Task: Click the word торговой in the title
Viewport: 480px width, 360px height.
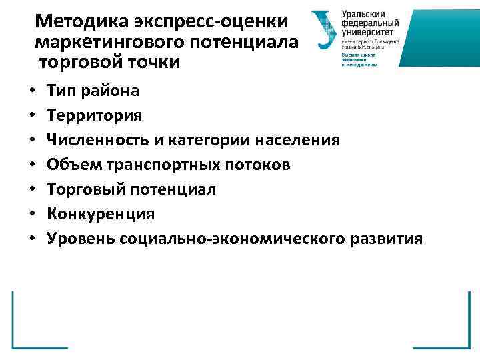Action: (x=79, y=63)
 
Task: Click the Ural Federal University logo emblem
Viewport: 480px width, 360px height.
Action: (x=324, y=31)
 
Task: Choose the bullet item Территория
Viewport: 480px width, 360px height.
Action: (x=94, y=115)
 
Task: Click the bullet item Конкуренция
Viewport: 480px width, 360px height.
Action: (x=100, y=214)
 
